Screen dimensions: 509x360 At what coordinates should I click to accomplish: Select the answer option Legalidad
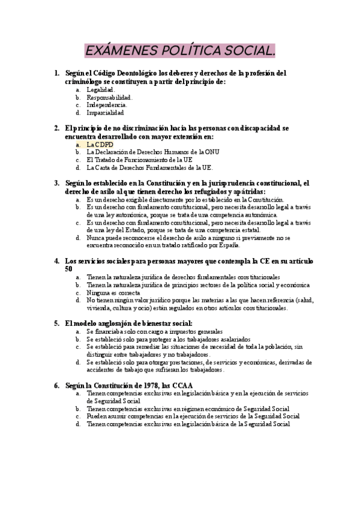pyautogui.click(x=100, y=89)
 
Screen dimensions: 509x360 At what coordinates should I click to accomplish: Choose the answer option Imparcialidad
pyautogui.click(x=105, y=112)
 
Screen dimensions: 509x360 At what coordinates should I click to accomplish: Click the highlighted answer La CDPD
pyautogui.click(x=100, y=144)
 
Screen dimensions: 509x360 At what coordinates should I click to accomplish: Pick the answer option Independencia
pyautogui.click(x=107, y=104)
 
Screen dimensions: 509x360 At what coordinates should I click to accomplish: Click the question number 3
pyautogui.click(x=56, y=182)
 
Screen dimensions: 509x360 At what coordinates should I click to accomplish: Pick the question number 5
pyautogui.click(x=56, y=322)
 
